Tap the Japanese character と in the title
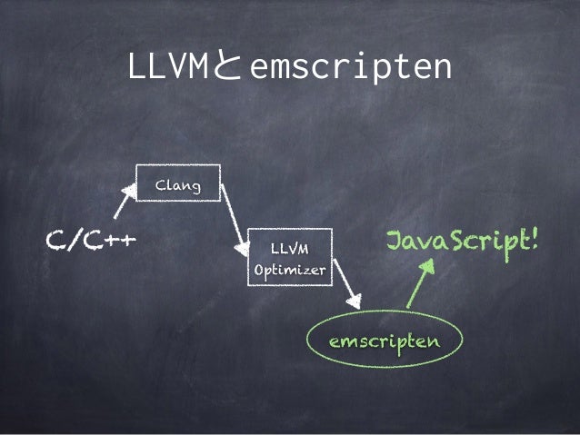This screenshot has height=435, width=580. pyautogui.click(x=226, y=67)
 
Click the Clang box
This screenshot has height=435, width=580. pyautogui.click(x=178, y=183)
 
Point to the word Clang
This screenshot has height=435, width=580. pyautogui.click(x=178, y=185)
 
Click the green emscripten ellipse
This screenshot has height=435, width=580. pyautogui.click(x=385, y=340)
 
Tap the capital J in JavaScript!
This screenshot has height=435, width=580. pyautogui.click(x=395, y=242)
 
